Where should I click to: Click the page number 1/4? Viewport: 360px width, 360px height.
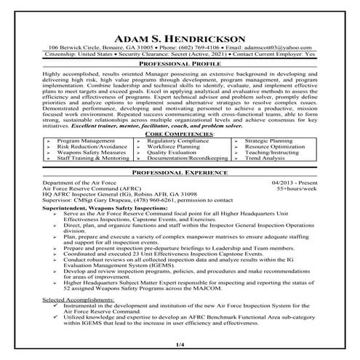(x=180, y=343)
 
